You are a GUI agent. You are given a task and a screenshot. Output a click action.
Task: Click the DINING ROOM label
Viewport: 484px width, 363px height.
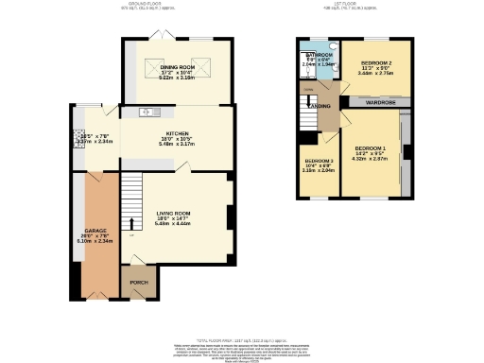point(176,68)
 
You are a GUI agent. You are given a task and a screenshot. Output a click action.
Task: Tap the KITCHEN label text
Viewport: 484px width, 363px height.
point(177,134)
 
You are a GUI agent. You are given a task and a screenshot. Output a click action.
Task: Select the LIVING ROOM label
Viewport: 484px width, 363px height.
point(174,213)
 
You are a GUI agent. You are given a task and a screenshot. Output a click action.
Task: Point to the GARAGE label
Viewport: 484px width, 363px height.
point(95,231)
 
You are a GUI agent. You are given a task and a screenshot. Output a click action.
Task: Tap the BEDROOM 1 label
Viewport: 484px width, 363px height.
point(371,148)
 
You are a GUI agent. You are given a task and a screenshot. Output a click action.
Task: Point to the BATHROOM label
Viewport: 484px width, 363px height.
point(318,56)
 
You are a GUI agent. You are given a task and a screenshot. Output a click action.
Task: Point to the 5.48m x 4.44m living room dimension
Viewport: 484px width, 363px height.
point(174,224)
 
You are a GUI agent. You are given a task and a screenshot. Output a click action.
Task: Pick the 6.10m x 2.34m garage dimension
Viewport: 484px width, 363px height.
point(95,241)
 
